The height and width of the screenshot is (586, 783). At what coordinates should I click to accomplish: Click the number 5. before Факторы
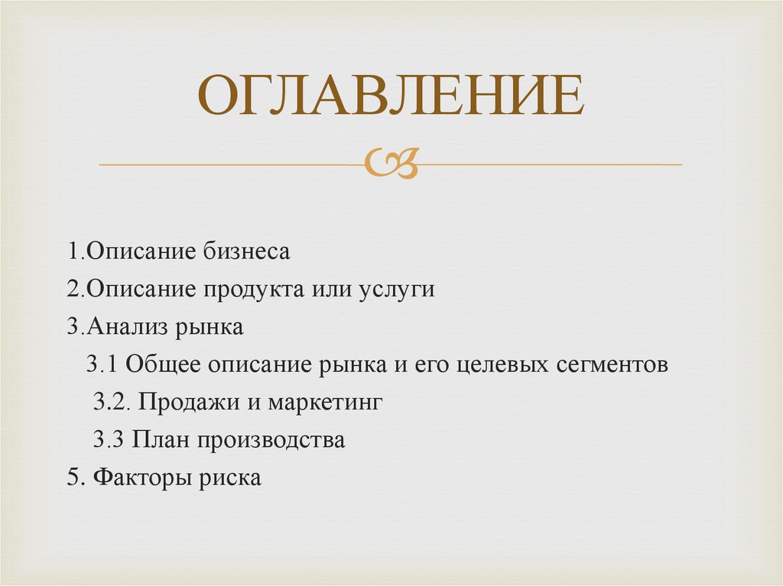(75, 478)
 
